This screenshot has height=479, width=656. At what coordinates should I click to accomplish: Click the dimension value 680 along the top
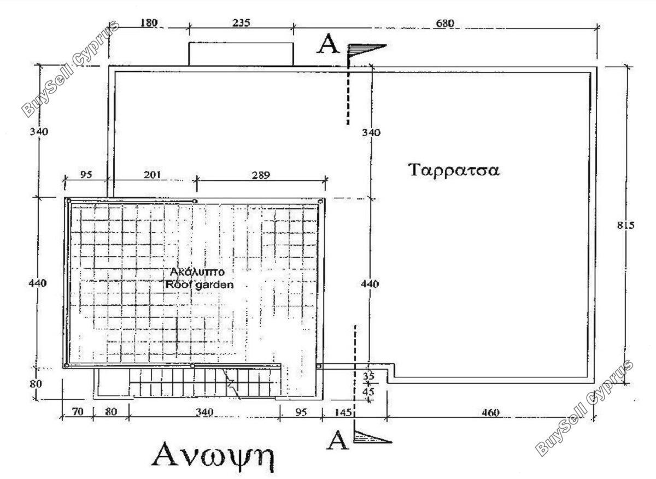[445, 23]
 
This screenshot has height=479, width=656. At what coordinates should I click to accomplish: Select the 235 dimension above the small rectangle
[241, 23]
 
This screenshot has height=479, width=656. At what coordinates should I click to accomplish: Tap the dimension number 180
[149, 22]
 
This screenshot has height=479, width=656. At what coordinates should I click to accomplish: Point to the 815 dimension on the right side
[626, 225]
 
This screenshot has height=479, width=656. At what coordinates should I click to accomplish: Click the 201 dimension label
[153, 175]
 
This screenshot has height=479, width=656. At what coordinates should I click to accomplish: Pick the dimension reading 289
[261, 175]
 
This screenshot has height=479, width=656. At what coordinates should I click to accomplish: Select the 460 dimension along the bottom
[490, 412]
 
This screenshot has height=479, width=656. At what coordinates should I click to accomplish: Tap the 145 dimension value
[343, 412]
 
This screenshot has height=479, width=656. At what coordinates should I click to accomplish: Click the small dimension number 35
[368, 376]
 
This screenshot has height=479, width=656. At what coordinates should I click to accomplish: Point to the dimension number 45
[368, 391]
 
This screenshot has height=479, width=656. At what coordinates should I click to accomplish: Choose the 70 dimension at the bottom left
[78, 412]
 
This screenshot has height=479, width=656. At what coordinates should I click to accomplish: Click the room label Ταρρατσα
[454, 170]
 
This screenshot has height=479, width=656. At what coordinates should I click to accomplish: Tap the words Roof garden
[200, 285]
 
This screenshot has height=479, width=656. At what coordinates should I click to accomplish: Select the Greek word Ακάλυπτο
[197, 272]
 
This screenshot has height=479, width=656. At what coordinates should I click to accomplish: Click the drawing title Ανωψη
[213, 457]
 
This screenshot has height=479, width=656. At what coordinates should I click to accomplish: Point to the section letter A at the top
[327, 44]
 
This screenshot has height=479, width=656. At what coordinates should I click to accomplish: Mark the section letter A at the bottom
[337, 440]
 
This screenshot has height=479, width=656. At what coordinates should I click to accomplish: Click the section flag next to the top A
[366, 51]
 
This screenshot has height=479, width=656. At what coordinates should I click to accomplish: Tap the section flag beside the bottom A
[372, 437]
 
